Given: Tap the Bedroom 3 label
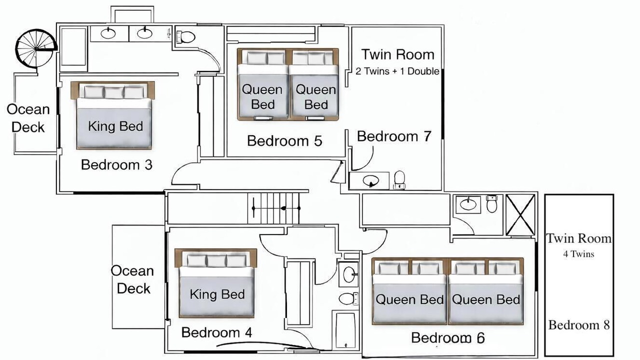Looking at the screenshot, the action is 116,165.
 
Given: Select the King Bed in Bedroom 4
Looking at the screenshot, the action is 216,283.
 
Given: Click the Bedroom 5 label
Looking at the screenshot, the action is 284,141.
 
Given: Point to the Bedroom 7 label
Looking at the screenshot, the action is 394,136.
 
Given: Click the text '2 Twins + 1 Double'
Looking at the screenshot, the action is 397,71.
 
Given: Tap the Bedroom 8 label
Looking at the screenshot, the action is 579,325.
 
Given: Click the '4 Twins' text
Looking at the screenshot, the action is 578,254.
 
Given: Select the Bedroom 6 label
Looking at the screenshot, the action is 447,338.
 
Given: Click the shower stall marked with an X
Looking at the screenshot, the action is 520,214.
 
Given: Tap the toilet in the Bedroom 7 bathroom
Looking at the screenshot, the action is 399,180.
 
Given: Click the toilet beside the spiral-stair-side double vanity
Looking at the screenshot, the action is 185,37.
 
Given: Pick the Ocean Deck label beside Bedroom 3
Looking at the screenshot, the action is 28,118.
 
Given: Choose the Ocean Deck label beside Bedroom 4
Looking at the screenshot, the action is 132,279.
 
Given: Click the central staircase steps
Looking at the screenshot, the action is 273,207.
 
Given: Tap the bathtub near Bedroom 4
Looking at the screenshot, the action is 345,330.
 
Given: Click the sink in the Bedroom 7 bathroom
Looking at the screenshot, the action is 371,181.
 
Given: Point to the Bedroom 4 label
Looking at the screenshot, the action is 216,332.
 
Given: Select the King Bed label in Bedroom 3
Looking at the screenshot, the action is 115,126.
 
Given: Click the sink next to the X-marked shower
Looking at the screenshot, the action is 467,204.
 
